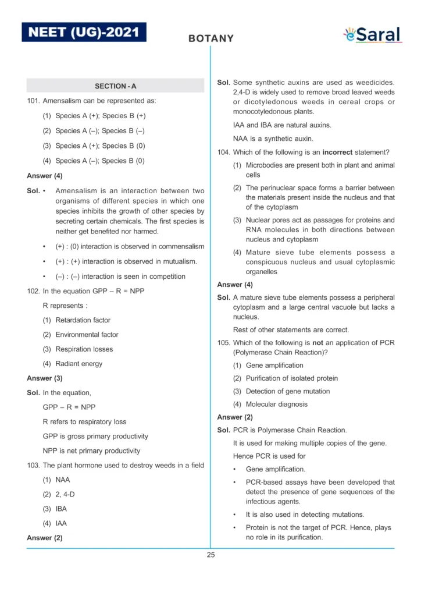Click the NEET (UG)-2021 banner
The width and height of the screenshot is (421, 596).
click(x=84, y=31)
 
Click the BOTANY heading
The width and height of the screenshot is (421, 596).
click(x=211, y=39)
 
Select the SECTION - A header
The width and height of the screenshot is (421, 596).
click(x=115, y=86)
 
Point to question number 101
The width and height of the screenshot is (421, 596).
click(x=33, y=101)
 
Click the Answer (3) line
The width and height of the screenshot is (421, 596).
click(x=45, y=378)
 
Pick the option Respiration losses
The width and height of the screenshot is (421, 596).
click(x=84, y=349)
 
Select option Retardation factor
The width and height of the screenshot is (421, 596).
click(x=83, y=320)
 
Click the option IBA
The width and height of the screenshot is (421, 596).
click(x=60, y=509)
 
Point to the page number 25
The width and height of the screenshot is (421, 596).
click(x=211, y=555)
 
